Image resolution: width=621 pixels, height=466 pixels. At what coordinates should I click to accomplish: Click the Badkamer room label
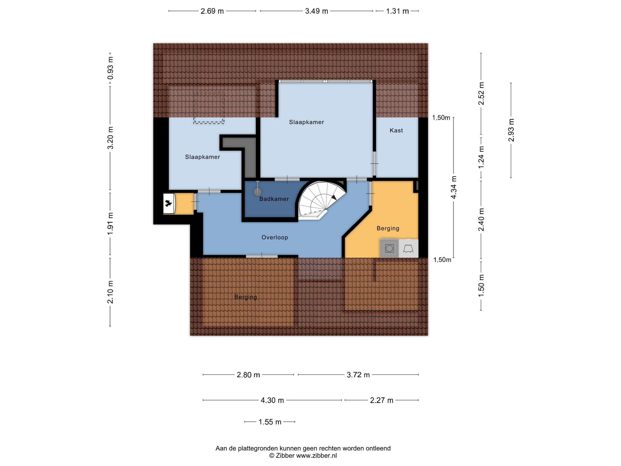tap(274, 199)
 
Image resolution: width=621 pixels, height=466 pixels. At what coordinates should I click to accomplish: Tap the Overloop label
tap(275, 237)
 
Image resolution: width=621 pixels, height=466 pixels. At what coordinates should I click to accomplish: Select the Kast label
tap(396, 130)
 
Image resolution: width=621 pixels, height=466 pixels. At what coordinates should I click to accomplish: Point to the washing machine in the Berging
tap(389, 248)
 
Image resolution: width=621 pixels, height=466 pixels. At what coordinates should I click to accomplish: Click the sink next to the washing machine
tap(408, 248)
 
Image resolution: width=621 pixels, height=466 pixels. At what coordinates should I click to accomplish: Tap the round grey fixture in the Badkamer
tap(257, 191)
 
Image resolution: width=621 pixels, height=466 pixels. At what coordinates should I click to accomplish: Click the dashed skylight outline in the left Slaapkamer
tap(209, 107)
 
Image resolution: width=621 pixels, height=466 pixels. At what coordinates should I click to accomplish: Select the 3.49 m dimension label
tap(317, 11)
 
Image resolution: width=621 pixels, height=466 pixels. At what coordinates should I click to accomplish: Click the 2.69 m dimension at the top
tap(212, 11)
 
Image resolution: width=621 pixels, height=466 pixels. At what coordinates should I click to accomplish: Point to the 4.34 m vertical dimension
tap(454, 187)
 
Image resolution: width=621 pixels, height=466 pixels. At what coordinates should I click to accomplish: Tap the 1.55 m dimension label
tap(270, 422)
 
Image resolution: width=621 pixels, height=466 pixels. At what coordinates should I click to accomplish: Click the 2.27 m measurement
tap(381, 400)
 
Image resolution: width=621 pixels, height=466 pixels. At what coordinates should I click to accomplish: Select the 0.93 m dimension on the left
tap(110, 68)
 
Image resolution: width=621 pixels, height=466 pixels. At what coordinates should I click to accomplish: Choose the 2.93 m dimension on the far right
tap(511, 130)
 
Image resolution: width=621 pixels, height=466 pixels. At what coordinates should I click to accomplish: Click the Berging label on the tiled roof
tap(246, 297)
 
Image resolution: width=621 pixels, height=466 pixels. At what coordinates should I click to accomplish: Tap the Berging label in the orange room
tap(388, 228)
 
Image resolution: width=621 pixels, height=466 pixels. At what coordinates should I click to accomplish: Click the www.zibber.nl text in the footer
tap(316, 456)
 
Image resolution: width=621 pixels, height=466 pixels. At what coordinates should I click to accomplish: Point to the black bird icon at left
tap(168, 203)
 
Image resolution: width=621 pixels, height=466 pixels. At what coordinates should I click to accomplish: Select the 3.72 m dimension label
tap(358, 375)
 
